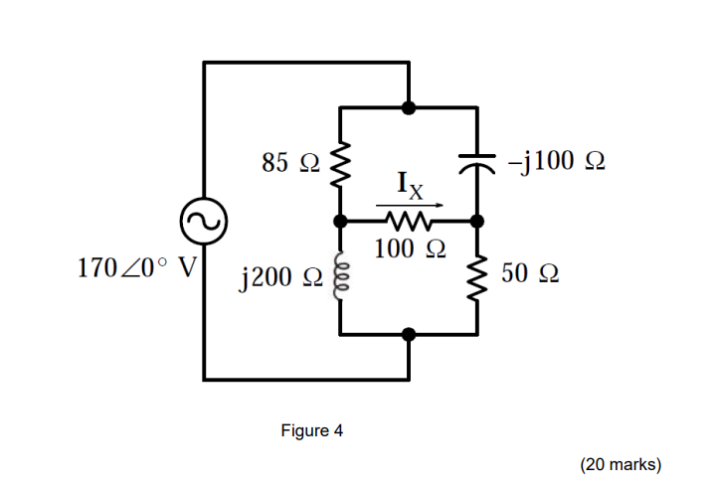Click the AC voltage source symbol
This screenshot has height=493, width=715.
(x=203, y=222)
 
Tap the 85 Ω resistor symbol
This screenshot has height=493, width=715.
(x=340, y=163)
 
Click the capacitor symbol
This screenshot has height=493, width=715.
(x=477, y=161)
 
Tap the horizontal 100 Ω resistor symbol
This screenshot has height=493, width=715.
(x=408, y=221)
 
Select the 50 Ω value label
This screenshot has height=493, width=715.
(x=530, y=275)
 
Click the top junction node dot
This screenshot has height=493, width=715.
(x=409, y=106)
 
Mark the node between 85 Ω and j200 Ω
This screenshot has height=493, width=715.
(x=340, y=221)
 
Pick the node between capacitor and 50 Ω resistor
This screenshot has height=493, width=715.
(x=477, y=221)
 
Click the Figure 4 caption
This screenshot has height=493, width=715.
(x=311, y=430)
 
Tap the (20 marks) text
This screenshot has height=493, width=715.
(x=621, y=464)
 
